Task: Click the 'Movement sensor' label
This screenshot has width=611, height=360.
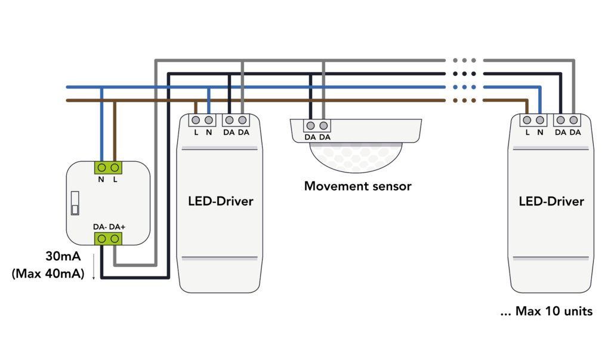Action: pyautogui.click(x=357, y=186)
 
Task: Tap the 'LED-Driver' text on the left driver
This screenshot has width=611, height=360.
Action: pyautogui.click(x=221, y=201)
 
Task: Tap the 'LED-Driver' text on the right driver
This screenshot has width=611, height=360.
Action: pyautogui.click(x=551, y=201)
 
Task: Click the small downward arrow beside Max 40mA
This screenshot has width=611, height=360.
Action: pyautogui.click(x=93, y=275)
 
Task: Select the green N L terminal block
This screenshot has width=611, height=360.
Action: pyautogui.click(x=108, y=167)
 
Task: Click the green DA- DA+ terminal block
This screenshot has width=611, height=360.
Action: pyautogui.click(x=108, y=239)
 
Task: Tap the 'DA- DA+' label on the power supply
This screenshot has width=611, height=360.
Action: pyautogui.click(x=108, y=227)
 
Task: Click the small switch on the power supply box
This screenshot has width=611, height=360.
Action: pyautogui.click(x=75, y=202)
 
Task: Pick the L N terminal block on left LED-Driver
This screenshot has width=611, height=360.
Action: pyautogui.click(x=202, y=120)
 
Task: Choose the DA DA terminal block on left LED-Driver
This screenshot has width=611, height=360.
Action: pyautogui.click(x=236, y=120)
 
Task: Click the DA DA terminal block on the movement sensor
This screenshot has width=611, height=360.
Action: pyautogui.click(x=317, y=126)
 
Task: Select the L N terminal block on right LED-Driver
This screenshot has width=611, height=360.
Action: pyautogui.click(x=533, y=120)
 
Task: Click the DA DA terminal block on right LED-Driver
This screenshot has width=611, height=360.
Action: pyautogui.click(x=567, y=120)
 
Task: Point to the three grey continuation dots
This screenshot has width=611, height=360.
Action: pyautogui.click(x=464, y=60)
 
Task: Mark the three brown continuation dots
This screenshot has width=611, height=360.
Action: pyautogui.click(x=464, y=100)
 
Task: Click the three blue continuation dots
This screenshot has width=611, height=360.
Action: pyautogui.click(x=464, y=87)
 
